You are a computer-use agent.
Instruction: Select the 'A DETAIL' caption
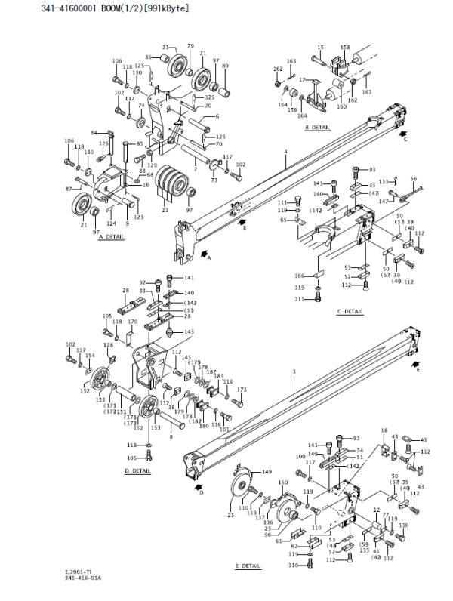(x=111, y=236)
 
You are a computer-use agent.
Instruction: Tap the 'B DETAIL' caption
(x=318, y=128)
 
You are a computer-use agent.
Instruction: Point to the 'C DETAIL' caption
(x=350, y=310)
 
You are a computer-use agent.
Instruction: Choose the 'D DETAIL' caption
(x=137, y=471)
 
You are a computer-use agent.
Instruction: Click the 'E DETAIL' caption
(x=248, y=566)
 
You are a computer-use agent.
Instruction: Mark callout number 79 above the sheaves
(x=190, y=46)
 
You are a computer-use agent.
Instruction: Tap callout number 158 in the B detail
(x=345, y=48)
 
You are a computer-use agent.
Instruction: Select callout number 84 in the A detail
(x=94, y=133)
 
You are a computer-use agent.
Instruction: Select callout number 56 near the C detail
(x=413, y=179)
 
